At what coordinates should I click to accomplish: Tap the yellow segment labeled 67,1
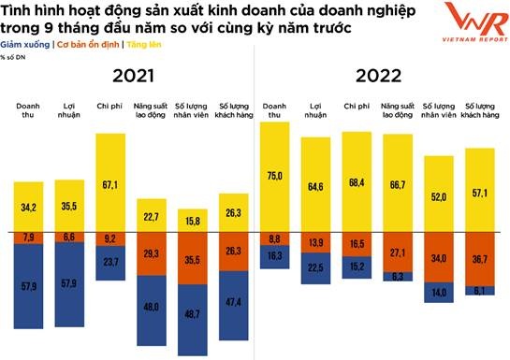pos(110,182)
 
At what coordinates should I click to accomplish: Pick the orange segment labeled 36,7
pos(480,258)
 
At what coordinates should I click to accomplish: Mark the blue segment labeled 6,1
pos(480,291)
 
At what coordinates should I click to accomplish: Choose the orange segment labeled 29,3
pos(153,253)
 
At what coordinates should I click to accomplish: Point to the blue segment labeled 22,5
pos(315,268)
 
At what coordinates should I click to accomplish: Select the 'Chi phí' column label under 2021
pos(110,109)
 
